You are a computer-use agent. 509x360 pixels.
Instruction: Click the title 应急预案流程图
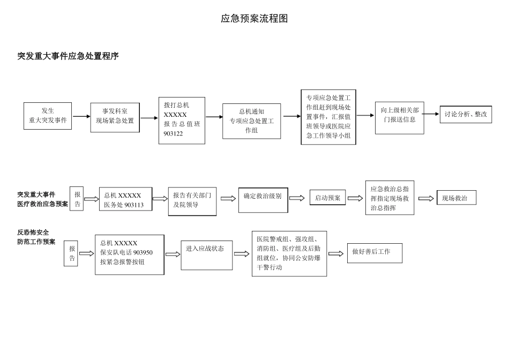(254, 19)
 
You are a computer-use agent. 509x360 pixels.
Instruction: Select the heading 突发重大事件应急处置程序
(68, 56)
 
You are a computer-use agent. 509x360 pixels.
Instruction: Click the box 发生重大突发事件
(48, 116)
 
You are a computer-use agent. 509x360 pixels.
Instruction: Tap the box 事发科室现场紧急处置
(115, 116)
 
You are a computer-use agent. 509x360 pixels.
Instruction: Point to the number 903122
(174, 133)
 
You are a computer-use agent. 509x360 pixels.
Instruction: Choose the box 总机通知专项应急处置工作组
(251, 121)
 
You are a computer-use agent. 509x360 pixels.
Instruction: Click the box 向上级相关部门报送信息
(399, 115)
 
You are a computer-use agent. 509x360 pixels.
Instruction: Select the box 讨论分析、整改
(466, 114)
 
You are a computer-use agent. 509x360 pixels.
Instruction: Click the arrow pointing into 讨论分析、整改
(430, 114)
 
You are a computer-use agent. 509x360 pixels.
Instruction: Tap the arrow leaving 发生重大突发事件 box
(81, 116)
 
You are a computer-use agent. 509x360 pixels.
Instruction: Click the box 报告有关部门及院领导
(192, 200)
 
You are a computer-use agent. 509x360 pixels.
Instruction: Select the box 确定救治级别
(263, 197)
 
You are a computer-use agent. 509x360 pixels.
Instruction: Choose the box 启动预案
(327, 198)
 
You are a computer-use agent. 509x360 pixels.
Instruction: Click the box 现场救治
(456, 198)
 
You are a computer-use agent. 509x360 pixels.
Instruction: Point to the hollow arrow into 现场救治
(426, 198)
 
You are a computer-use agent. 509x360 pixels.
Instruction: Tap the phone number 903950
(143, 252)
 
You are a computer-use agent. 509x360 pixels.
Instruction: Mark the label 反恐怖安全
(33, 232)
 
